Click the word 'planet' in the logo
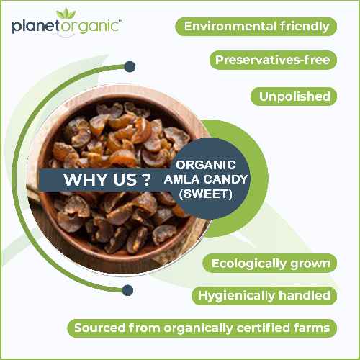35,27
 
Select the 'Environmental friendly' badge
257,27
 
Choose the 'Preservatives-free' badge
274,60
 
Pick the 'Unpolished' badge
294,96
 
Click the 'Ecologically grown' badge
271,263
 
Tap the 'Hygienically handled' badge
264,295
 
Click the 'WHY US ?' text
102,180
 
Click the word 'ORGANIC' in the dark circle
206,165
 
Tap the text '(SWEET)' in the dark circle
206,194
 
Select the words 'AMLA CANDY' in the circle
206,179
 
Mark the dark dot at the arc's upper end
130,67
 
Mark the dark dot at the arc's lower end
128,290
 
